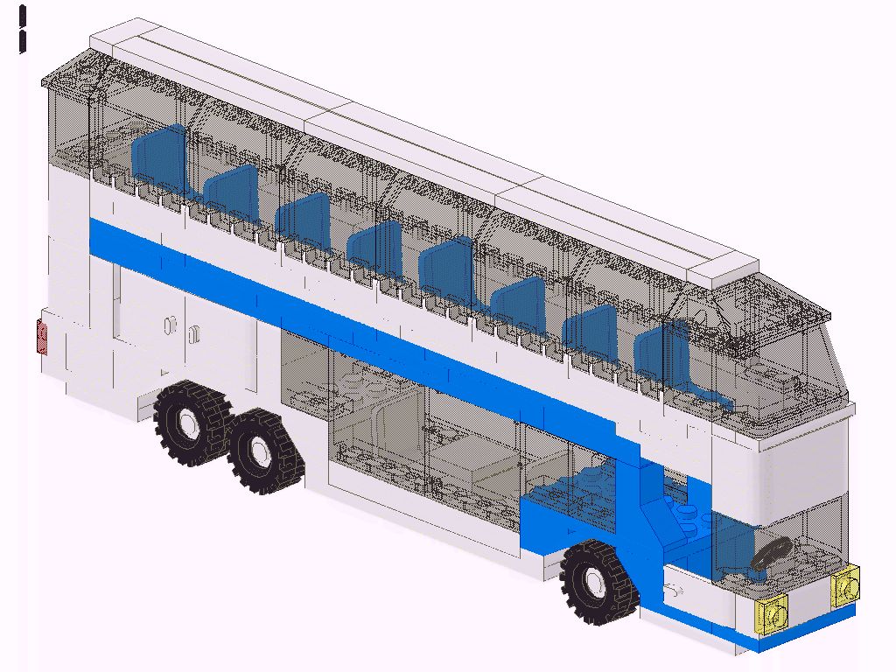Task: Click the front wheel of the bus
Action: [x=600, y=582]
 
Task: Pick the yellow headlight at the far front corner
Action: [x=846, y=587]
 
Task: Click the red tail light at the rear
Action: [x=41, y=337]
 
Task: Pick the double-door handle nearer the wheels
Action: [x=193, y=333]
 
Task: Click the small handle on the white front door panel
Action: [x=675, y=588]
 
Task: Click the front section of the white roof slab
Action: [x=630, y=227]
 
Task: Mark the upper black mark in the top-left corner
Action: [x=23, y=16]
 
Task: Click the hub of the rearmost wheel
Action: [x=186, y=423]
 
